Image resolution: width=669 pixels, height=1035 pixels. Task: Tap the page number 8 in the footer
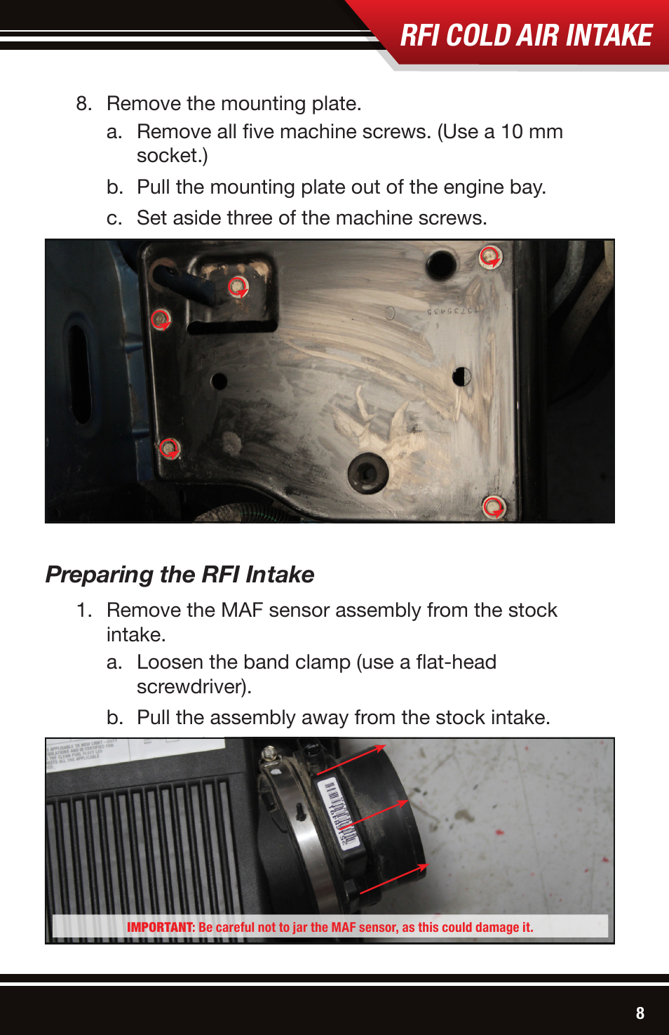(x=640, y=1013)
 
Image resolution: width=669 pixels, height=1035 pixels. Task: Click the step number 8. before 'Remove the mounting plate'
(x=83, y=104)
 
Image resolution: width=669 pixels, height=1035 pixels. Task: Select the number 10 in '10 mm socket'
(x=511, y=132)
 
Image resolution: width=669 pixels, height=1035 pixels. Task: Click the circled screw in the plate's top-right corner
(x=490, y=257)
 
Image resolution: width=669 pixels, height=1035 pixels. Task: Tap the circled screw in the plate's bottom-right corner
(x=494, y=506)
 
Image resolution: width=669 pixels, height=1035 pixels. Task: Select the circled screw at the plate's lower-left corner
(x=169, y=448)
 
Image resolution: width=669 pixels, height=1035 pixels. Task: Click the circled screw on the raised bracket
(x=238, y=286)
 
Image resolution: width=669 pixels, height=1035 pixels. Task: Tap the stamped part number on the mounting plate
(x=452, y=310)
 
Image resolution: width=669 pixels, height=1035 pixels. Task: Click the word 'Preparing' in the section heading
(x=99, y=575)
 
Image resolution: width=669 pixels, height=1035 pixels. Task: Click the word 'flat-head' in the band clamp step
(x=456, y=662)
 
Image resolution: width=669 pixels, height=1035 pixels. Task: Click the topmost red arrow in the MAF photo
(x=351, y=759)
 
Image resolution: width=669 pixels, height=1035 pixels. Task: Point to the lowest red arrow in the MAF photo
(x=393, y=879)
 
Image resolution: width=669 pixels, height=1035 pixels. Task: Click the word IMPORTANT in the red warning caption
(x=160, y=927)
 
